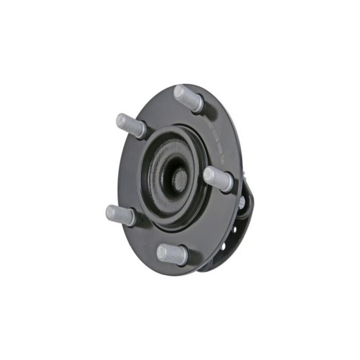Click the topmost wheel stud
[188, 98]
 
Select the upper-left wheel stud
[131, 125]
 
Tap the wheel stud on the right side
[218, 178]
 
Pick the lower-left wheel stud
[120, 214]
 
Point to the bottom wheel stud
[172, 254]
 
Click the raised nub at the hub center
[179, 178]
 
